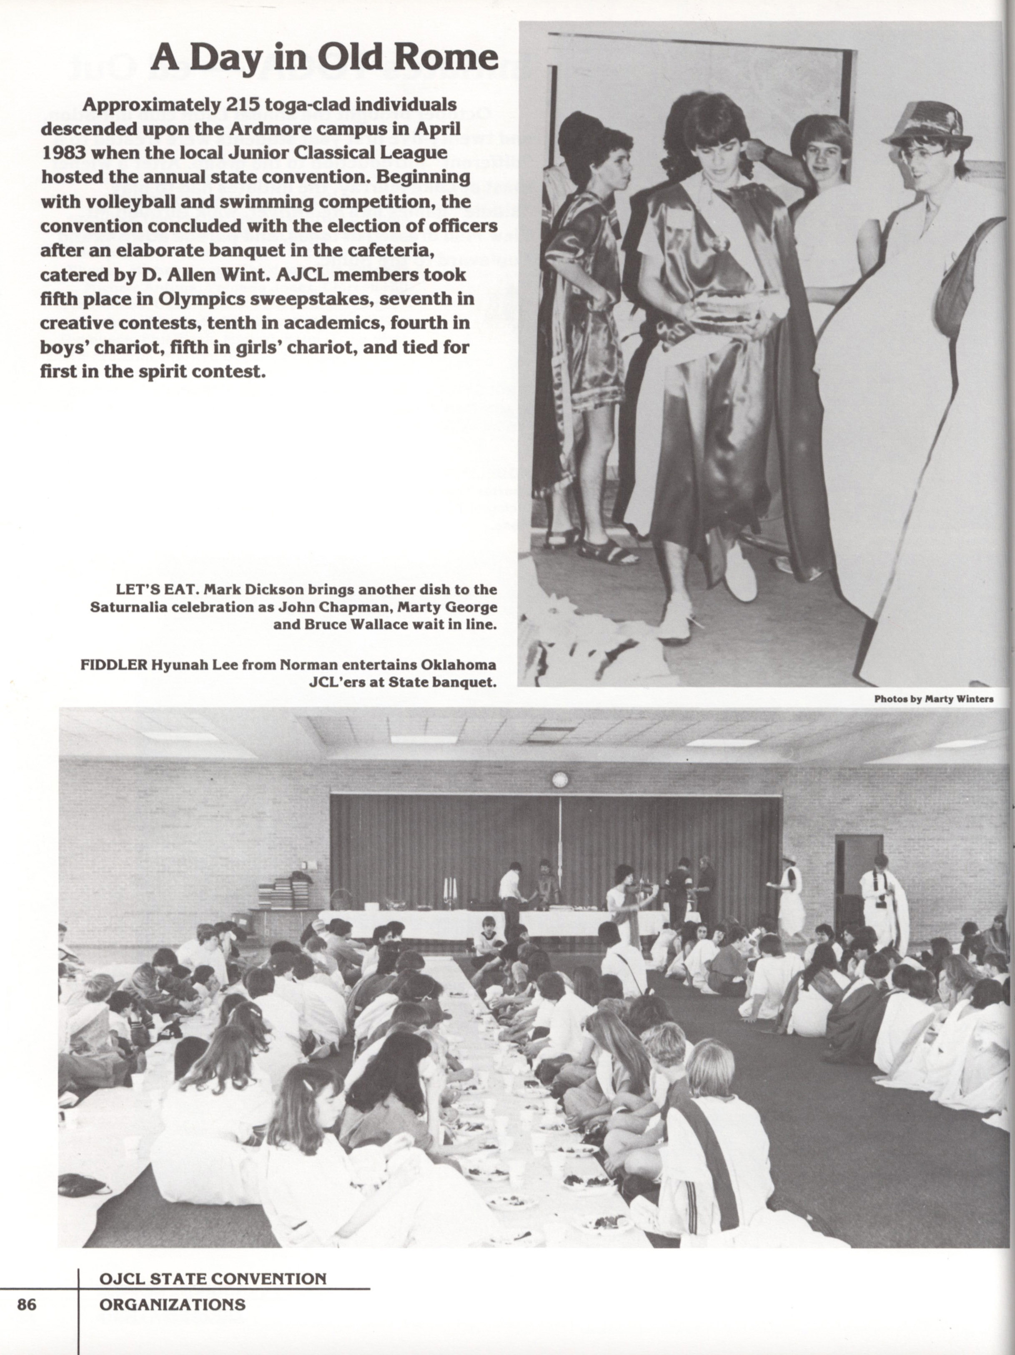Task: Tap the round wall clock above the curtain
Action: [559, 779]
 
